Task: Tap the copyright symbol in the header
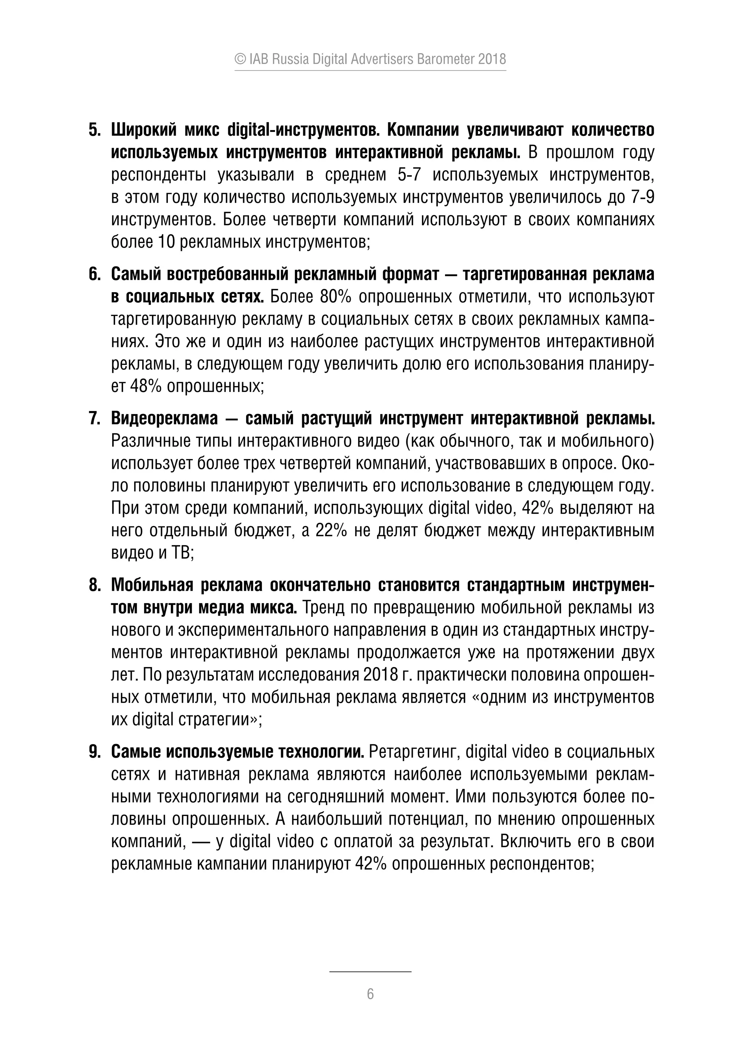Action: [240, 59]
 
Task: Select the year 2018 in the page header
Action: [492, 59]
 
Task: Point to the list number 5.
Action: [94, 131]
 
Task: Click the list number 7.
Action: [94, 419]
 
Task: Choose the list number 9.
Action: [94, 752]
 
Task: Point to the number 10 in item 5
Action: [166, 242]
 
